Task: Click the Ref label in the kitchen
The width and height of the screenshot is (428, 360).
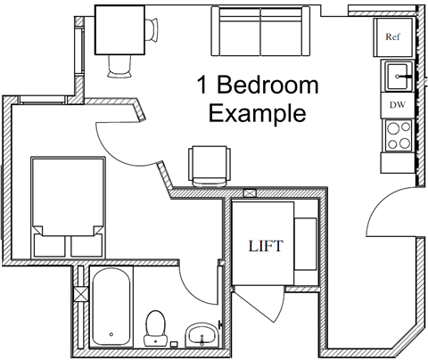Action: (x=393, y=37)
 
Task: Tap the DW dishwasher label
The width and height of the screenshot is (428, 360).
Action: (x=397, y=103)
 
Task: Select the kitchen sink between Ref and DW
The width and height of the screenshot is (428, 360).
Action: (x=397, y=77)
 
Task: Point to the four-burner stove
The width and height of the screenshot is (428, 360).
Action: (x=396, y=134)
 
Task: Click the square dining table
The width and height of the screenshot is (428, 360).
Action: (x=119, y=29)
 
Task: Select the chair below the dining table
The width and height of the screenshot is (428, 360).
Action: (x=119, y=65)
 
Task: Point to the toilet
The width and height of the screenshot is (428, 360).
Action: (x=157, y=327)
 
